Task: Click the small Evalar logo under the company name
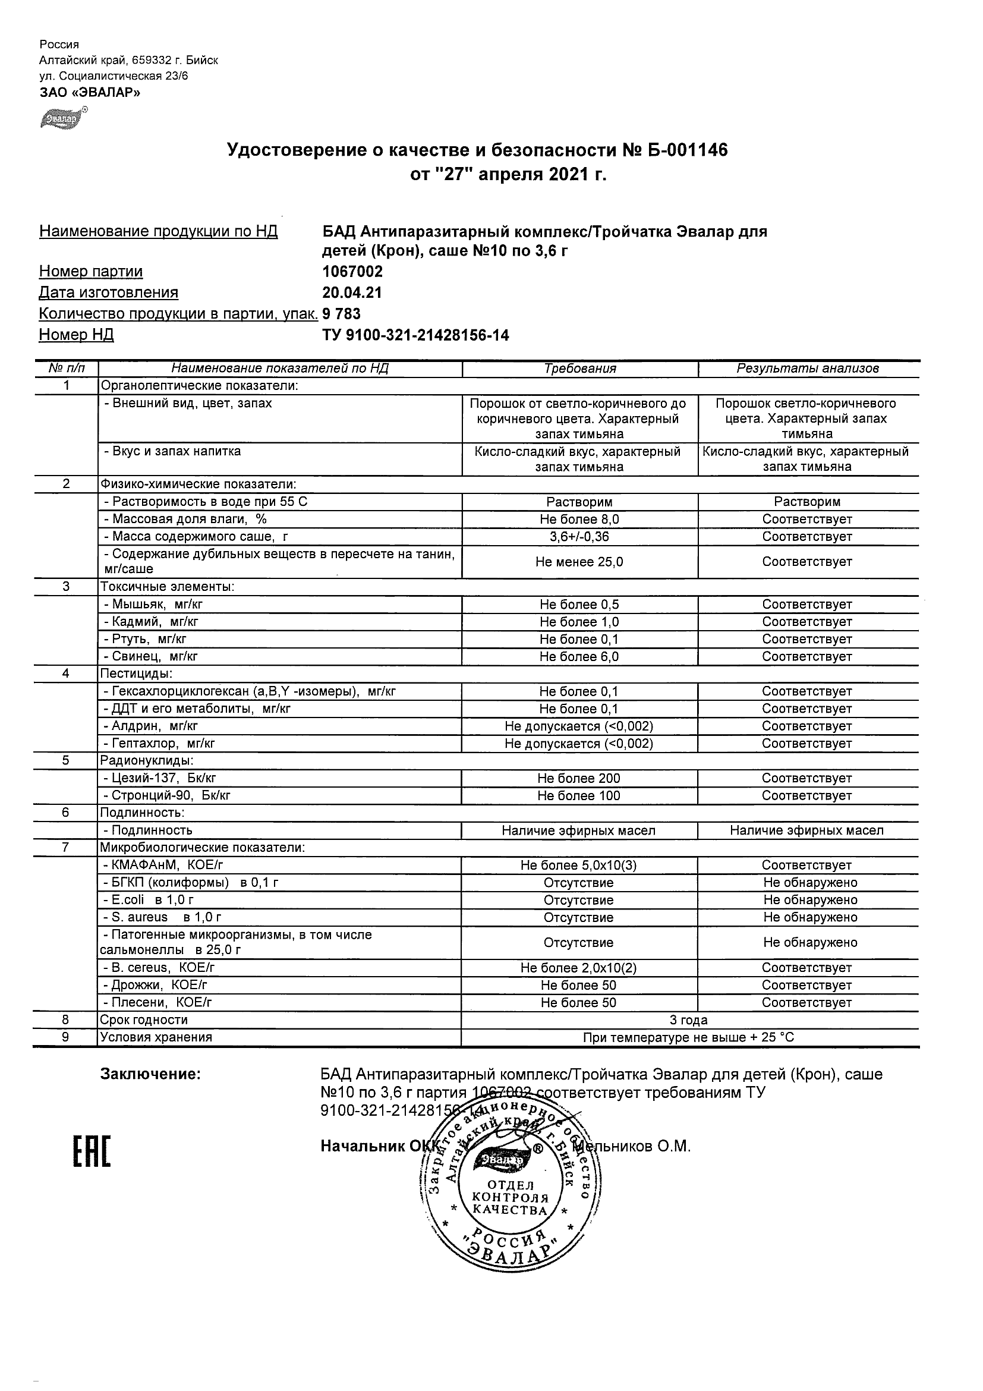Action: pyautogui.click(x=63, y=118)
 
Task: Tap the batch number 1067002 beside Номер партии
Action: pyautogui.click(x=352, y=272)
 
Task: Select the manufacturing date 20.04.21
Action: pyautogui.click(x=352, y=292)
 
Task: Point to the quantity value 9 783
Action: pyautogui.click(x=342, y=314)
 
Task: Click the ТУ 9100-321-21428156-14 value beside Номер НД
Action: pyautogui.click(x=415, y=335)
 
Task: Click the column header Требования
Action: pyautogui.click(x=579, y=369)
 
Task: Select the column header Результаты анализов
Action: pyautogui.click(x=807, y=369)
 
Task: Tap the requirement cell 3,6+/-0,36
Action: pyautogui.click(x=579, y=537)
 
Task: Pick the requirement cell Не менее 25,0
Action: pyautogui.click(x=579, y=562)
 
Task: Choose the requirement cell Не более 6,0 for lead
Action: pyautogui.click(x=579, y=657)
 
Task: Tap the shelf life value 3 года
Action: pyautogui.click(x=689, y=1020)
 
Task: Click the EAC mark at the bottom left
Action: pyautogui.click(x=92, y=1152)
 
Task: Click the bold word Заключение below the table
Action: pyautogui.click(x=150, y=1074)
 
